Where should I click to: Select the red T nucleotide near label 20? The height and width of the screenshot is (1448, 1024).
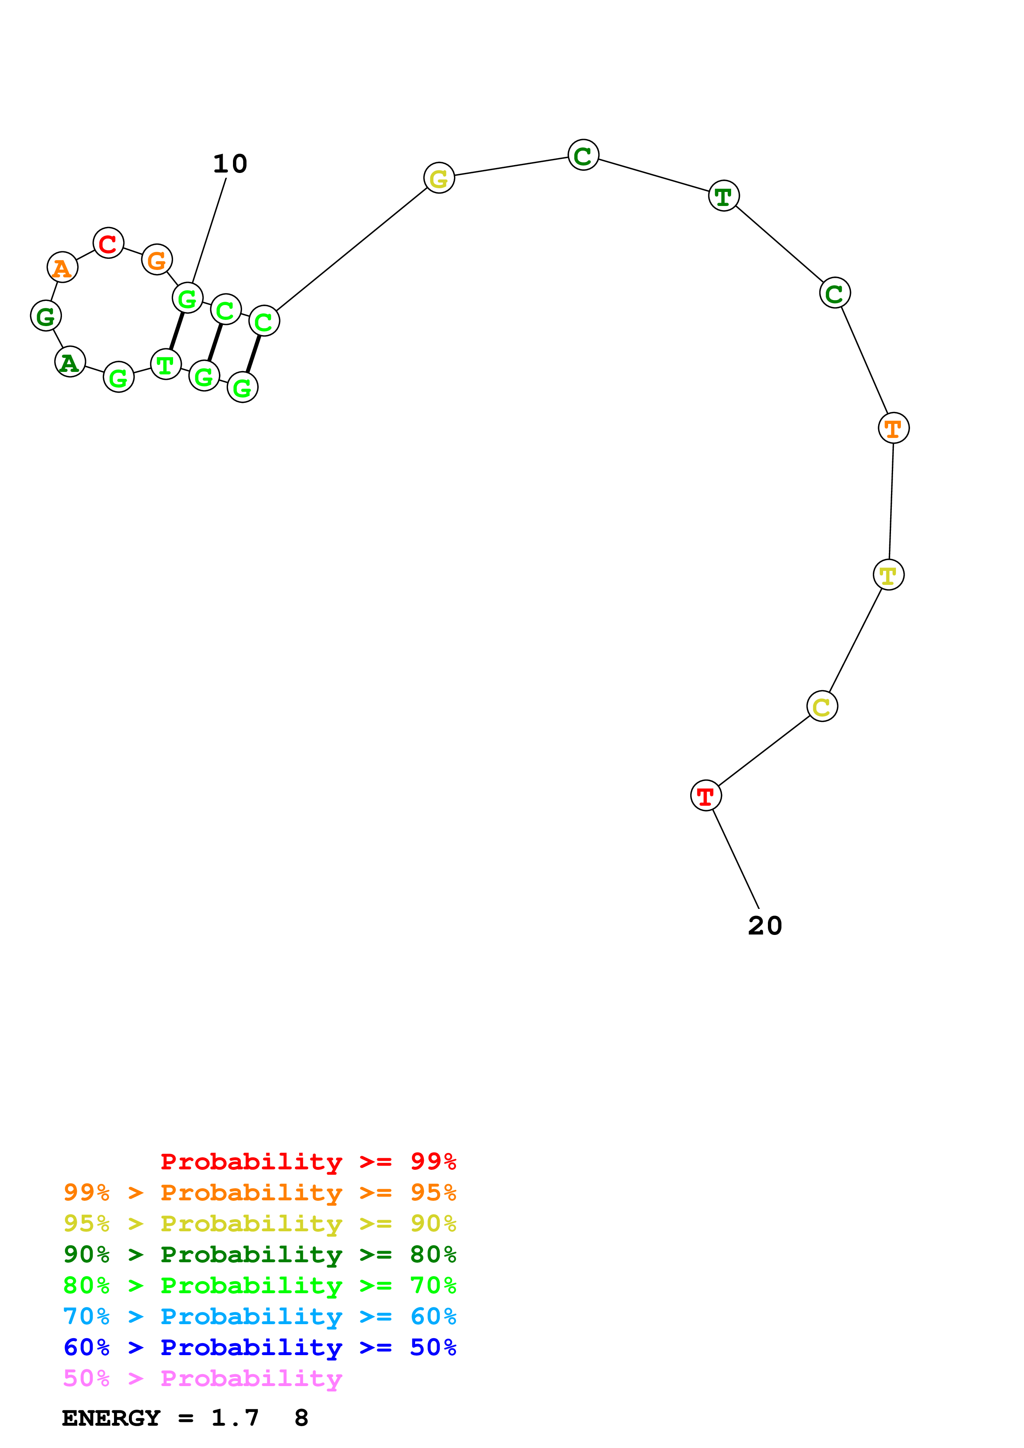tap(706, 795)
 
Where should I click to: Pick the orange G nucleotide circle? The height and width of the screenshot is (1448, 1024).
tap(157, 259)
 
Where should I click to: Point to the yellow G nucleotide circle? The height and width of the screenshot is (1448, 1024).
tap(439, 178)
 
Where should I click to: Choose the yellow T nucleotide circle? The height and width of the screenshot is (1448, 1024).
tap(889, 575)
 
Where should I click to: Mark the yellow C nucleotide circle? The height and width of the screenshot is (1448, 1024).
tap(822, 706)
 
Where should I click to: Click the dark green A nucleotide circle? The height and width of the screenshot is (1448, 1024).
tap(70, 362)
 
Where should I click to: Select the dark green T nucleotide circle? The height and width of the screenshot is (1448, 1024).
tap(724, 196)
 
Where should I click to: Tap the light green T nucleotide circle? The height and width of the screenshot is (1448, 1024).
tap(166, 364)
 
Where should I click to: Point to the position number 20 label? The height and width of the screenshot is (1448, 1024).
tap(765, 926)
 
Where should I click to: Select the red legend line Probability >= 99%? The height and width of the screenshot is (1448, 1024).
tap(308, 1161)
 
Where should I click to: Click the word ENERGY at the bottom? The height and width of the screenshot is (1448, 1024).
tap(111, 1418)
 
